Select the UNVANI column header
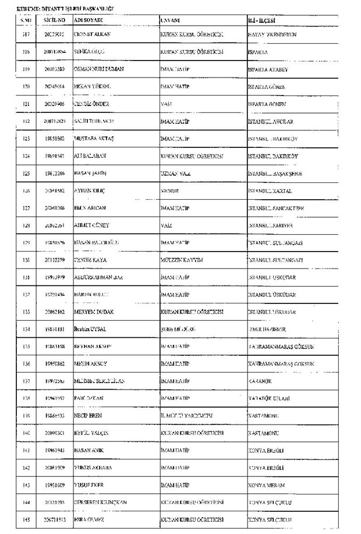170,19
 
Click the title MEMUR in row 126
169,190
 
